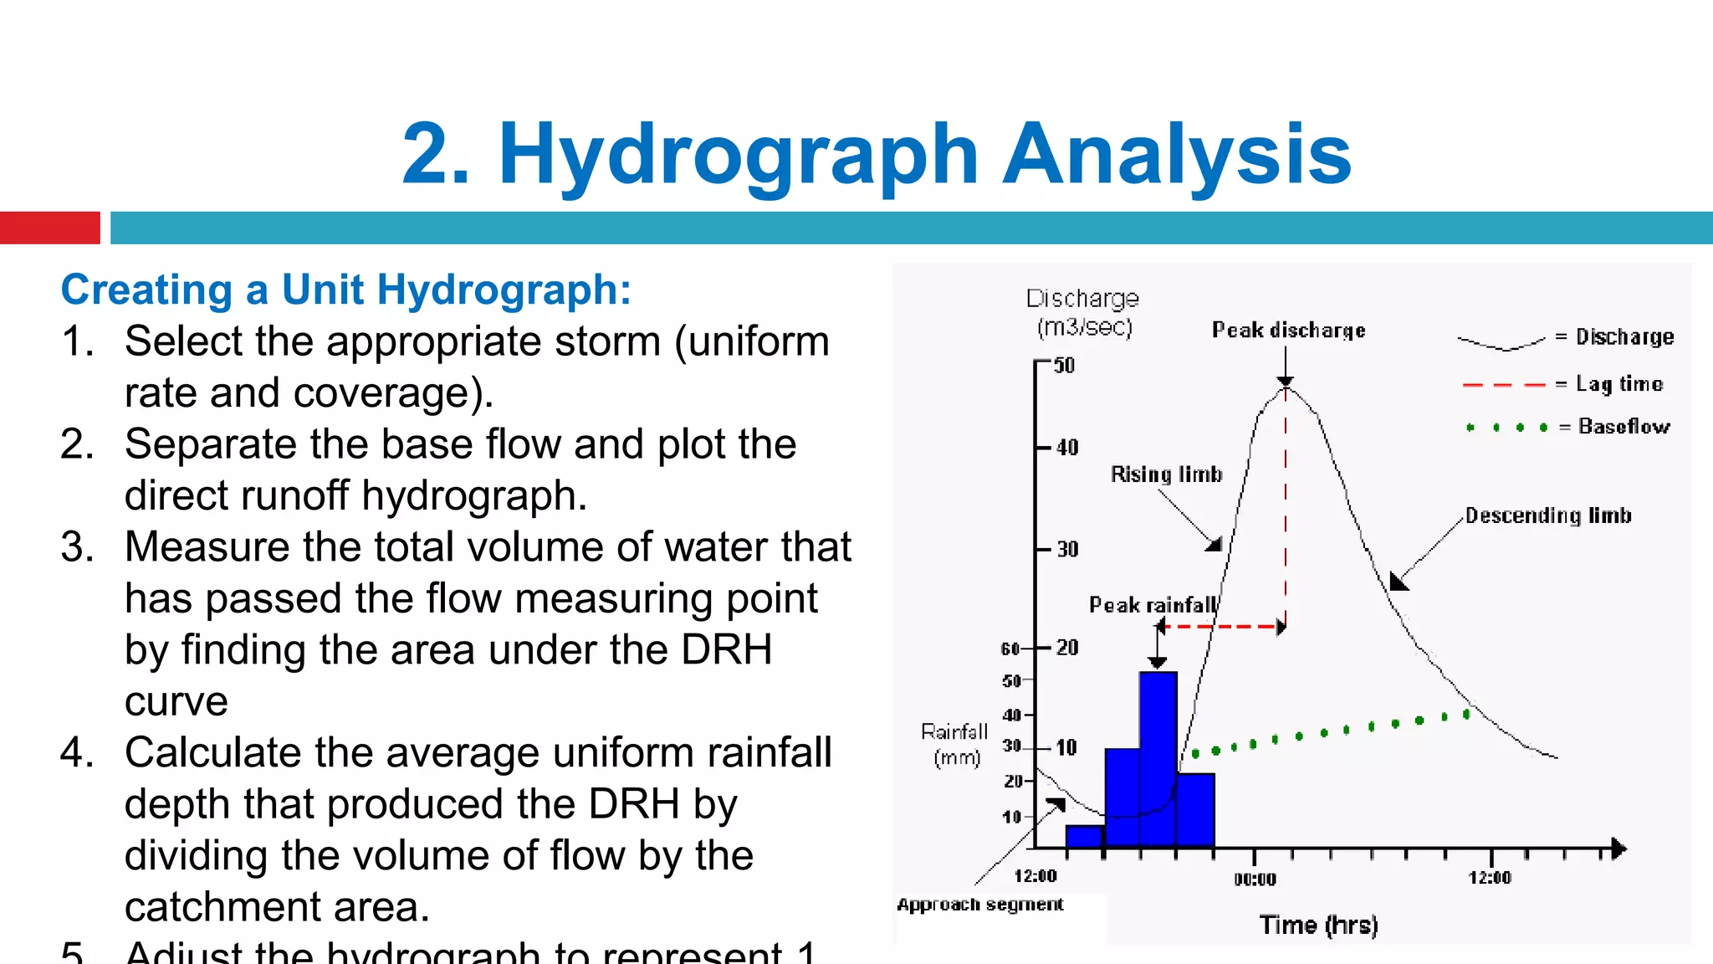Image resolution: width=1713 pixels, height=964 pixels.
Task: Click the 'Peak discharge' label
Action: (1288, 331)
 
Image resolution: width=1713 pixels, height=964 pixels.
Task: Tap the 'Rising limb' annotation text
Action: (1166, 474)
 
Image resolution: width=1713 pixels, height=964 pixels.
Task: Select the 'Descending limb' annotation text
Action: (1547, 515)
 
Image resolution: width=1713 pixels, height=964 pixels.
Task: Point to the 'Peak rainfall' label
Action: (1152, 605)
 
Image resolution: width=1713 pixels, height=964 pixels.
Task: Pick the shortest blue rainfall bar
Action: (1085, 836)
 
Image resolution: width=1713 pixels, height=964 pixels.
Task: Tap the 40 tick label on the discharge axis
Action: (1067, 448)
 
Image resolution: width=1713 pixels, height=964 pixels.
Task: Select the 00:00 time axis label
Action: (1255, 879)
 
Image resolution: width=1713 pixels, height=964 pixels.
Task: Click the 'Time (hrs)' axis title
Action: (1318, 926)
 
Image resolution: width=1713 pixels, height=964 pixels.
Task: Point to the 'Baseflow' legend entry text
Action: (1624, 427)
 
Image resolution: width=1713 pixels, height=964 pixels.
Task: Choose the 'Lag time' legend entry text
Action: (1619, 384)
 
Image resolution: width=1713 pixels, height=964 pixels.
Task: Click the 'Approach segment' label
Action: (979, 905)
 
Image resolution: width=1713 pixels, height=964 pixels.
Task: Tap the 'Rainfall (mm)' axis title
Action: (955, 745)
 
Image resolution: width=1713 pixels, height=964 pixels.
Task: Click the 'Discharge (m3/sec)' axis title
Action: (1083, 312)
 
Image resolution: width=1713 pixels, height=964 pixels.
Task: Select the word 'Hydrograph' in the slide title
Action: (738, 155)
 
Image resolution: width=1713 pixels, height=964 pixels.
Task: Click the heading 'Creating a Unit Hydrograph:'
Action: (345, 290)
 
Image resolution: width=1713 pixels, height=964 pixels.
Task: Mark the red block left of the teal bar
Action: (49, 228)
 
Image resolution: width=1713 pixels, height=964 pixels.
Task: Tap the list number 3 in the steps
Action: (76, 547)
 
